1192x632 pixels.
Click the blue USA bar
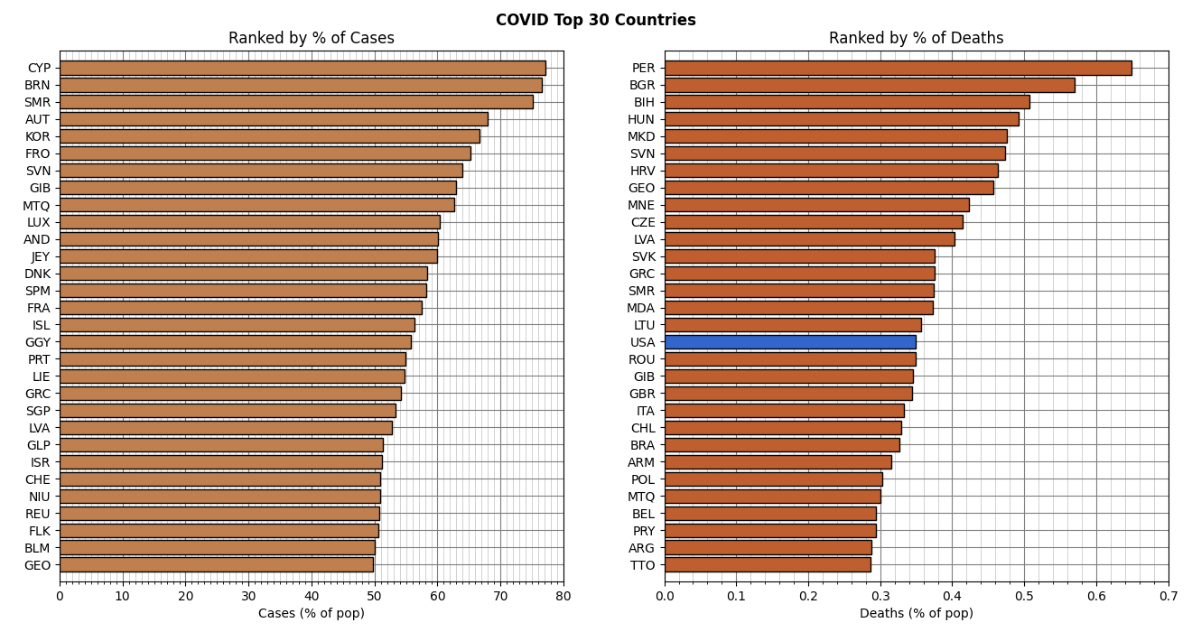(790, 342)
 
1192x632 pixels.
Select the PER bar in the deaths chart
(898, 68)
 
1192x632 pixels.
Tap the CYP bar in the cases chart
(303, 68)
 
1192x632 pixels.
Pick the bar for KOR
(269, 136)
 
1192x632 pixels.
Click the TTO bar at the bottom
(768, 565)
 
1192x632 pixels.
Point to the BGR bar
(870, 85)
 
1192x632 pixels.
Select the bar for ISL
(237, 325)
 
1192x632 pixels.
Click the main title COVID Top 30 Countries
(596, 20)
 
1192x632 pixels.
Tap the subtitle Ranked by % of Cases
(312, 39)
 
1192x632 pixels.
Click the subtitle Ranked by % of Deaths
(916, 39)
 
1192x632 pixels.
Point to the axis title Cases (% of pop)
(312, 614)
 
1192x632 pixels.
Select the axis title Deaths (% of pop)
(916, 614)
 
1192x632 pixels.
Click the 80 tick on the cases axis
(563, 597)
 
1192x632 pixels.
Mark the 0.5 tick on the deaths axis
(1024, 597)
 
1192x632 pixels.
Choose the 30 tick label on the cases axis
(248, 597)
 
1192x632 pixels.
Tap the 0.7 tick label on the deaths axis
(1169, 597)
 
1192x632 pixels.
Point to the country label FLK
(39, 531)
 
